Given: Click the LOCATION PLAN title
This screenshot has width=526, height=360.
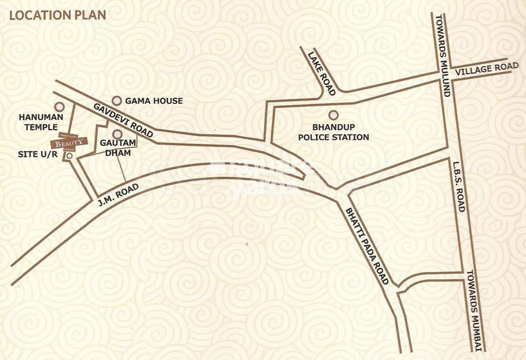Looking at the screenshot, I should coord(57,15).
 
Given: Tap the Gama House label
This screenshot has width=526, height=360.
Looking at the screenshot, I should coord(154,101).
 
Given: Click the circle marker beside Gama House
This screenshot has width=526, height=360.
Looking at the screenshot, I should coord(117,101).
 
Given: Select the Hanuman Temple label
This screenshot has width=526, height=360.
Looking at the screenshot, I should coord(41,121).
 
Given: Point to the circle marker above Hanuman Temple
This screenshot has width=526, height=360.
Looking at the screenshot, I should coord(59,107).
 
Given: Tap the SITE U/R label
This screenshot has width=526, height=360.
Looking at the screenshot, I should coord(38,155).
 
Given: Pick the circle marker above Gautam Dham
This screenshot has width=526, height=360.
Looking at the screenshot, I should coord(117,134).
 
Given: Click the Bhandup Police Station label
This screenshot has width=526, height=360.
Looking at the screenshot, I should coord(334,132).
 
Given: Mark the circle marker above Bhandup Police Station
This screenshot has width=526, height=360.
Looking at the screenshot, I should coord(334,115).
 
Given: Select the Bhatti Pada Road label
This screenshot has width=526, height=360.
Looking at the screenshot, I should coord(367,246).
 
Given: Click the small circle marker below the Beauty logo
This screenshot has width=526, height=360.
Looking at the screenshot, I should coord(69,156).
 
